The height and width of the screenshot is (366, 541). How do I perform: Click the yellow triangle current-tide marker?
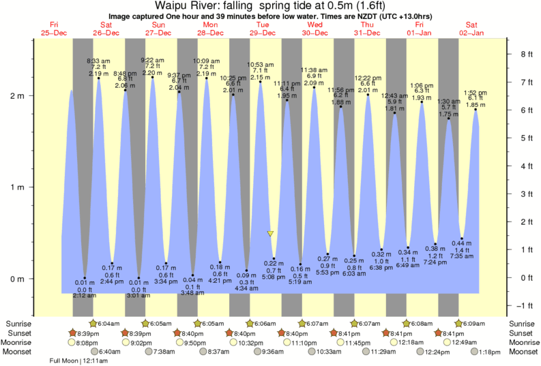[x=271, y=234]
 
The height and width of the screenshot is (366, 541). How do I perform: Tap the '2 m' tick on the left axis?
[x=18, y=95]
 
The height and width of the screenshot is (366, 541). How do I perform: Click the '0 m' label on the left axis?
[x=18, y=279]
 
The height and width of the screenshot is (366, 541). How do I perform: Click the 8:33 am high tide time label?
[x=99, y=61]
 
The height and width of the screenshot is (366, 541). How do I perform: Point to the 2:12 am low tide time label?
[x=85, y=296]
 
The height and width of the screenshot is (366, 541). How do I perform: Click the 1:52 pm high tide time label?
[x=475, y=93]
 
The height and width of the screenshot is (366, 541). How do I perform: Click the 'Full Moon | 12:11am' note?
[x=79, y=361]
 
